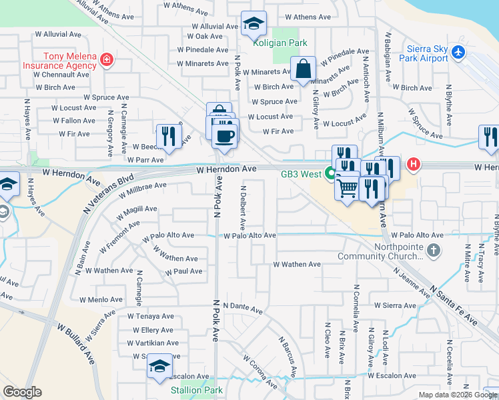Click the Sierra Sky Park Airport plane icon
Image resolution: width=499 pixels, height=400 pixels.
[458, 51]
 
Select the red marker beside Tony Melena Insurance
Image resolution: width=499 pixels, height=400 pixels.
[105, 61]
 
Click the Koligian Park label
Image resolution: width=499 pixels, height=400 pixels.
[280, 43]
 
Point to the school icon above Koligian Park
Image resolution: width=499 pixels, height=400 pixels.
[254, 24]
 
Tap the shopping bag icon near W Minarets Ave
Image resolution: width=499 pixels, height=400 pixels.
[303, 69]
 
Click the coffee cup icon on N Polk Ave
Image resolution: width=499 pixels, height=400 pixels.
[224, 135]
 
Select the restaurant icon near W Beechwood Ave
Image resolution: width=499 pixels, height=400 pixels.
[169, 137]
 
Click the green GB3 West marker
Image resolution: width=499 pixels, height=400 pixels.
[330, 174]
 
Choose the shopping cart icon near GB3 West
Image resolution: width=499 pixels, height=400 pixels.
[347, 189]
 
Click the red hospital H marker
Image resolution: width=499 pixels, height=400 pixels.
[414, 163]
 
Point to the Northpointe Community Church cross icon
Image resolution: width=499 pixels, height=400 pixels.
[434, 251]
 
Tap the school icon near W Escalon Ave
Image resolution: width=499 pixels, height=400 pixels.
[159, 365]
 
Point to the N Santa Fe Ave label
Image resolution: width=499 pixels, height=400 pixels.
[454, 306]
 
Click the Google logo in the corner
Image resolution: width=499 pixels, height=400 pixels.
[22, 391]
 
